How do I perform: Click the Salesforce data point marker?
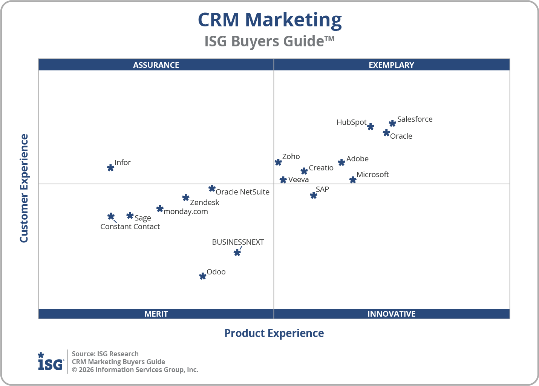[x=392, y=123]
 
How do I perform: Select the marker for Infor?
[x=110, y=168]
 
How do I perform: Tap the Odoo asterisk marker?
[x=203, y=276]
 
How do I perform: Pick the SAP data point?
[x=314, y=195]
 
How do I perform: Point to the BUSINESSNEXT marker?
[x=237, y=253]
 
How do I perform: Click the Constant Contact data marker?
[x=111, y=216]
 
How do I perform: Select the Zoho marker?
[x=278, y=162]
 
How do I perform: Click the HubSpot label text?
[x=351, y=122]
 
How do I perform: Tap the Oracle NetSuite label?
[x=242, y=192]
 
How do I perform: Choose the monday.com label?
[x=186, y=211]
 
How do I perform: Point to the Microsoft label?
[x=372, y=175]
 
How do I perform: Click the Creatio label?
[x=321, y=168]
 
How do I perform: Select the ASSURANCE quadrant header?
[x=156, y=65]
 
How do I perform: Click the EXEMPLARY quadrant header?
[x=391, y=65]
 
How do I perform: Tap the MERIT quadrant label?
[x=156, y=314]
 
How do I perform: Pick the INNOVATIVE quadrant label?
[x=391, y=314]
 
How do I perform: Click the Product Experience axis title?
[x=274, y=333]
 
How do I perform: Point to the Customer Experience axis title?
[x=24, y=188]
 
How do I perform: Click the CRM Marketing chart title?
[x=270, y=20]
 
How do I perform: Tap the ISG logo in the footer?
[x=51, y=362]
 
